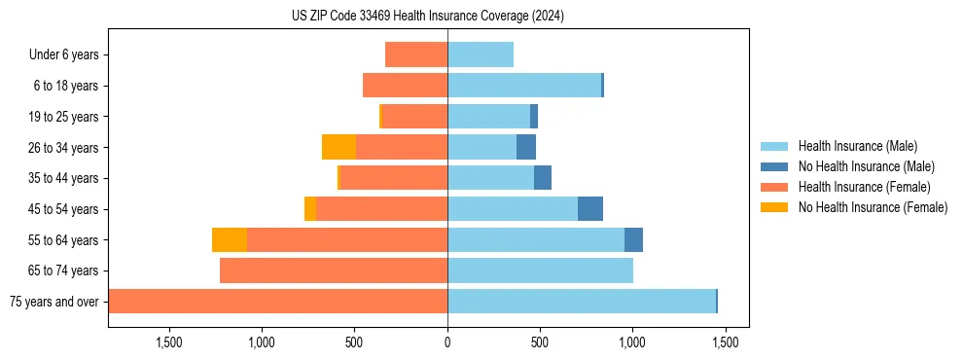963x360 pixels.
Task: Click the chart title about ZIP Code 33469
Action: (427, 17)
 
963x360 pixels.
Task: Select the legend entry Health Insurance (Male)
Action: (857, 146)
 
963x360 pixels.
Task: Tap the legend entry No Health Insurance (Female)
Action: (873, 207)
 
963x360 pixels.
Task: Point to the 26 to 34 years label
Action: (64, 147)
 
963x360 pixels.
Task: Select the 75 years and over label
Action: (53, 302)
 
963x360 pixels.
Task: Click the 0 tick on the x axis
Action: (447, 342)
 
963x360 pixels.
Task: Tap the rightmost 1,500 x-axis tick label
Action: (725, 342)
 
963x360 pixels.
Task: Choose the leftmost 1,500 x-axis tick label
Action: (169, 342)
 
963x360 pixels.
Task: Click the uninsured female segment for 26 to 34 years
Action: (339, 147)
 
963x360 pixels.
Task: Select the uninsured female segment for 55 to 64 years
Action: (230, 239)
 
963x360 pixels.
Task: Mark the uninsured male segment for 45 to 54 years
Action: (590, 209)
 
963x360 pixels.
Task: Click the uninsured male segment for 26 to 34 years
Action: (526, 147)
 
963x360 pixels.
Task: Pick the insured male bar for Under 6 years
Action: (481, 54)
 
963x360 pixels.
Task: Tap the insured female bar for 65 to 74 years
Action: (334, 270)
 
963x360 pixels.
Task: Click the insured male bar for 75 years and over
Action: (582, 302)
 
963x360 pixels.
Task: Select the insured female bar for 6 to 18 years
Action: (405, 86)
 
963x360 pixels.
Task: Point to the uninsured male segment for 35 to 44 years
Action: (543, 178)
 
